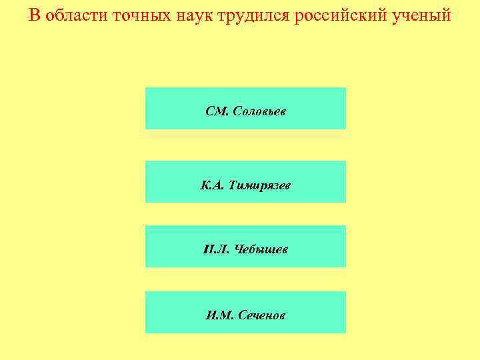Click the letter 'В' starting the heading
pyautogui.click(x=35, y=15)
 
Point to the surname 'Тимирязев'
pyautogui.click(x=259, y=185)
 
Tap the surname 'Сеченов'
pyautogui.click(x=260, y=315)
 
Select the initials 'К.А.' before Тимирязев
pyautogui.click(x=213, y=185)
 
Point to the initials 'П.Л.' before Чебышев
pyautogui.click(x=216, y=249)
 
